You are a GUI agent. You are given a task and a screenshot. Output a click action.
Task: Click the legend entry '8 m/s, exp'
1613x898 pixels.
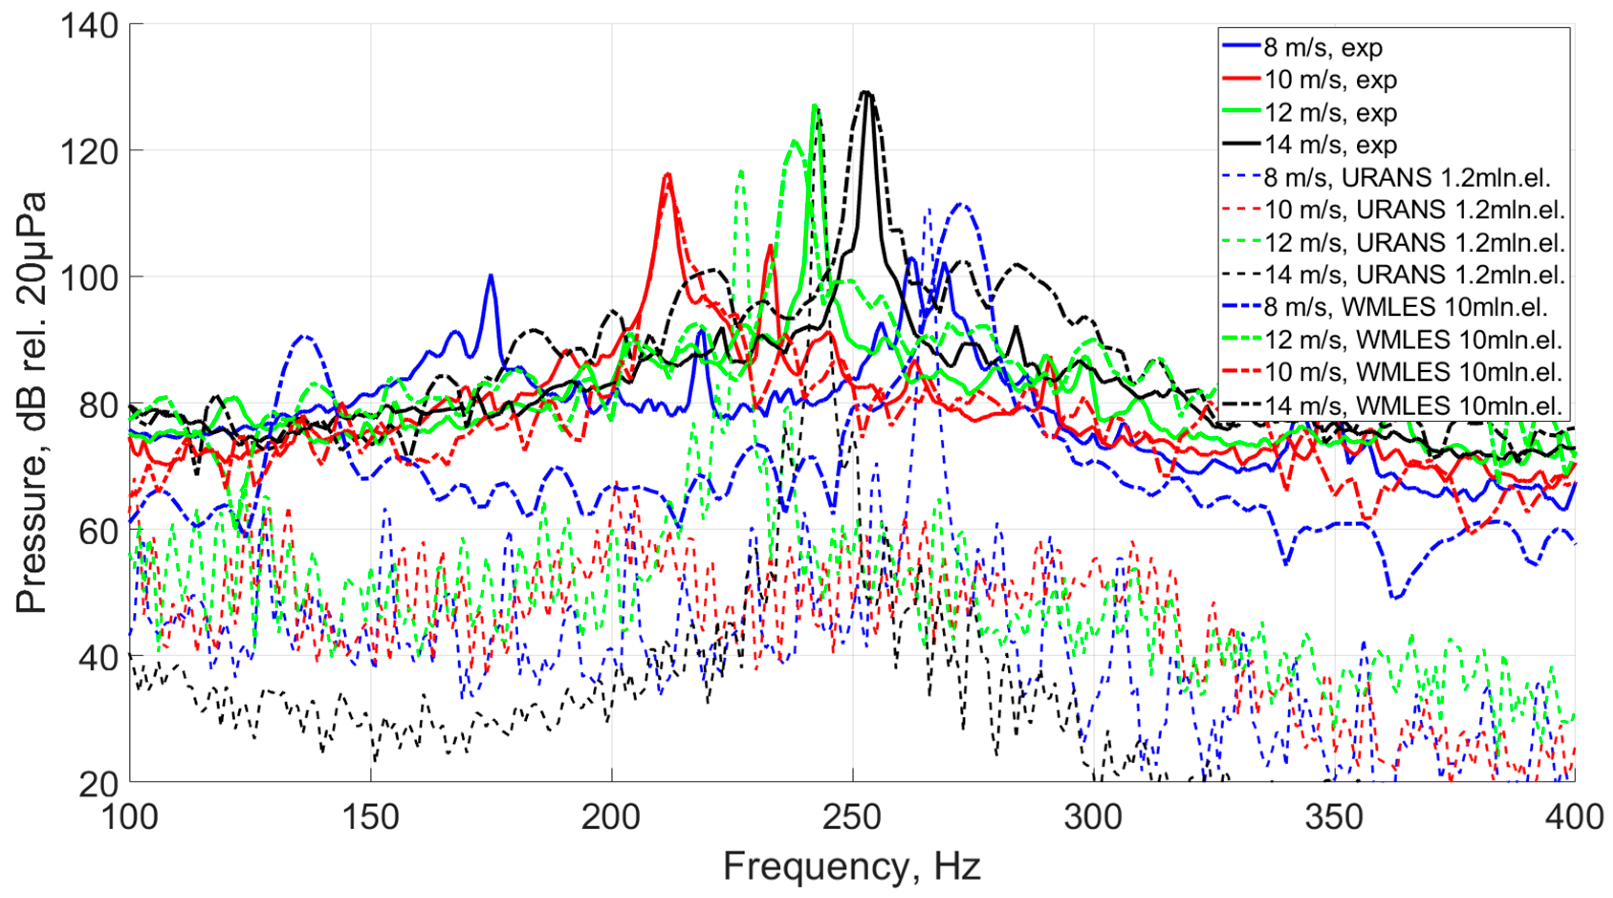(1321, 48)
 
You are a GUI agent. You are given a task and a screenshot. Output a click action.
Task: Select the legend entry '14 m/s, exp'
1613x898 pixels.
(1330, 145)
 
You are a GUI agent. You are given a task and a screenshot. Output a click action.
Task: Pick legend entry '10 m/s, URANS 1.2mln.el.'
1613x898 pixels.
(1414, 210)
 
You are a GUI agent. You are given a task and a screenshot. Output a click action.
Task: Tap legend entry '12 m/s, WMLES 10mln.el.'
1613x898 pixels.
(1413, 339)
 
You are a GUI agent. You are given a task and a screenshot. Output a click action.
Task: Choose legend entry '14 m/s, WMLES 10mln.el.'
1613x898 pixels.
(1413, 406)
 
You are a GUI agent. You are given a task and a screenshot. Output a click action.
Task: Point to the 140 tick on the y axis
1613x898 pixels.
(89, 26)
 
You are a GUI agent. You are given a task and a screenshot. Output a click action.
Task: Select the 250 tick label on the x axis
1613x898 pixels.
(851, 817)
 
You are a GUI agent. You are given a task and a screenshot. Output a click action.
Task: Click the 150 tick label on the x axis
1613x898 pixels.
(370, 817)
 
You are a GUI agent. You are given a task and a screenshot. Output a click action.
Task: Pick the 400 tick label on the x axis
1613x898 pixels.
(1573, 817)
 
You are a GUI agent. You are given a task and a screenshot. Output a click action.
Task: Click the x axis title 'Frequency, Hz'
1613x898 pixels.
(851, 866)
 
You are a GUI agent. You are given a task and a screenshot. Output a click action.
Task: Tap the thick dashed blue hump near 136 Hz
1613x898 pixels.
(305, 337)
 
